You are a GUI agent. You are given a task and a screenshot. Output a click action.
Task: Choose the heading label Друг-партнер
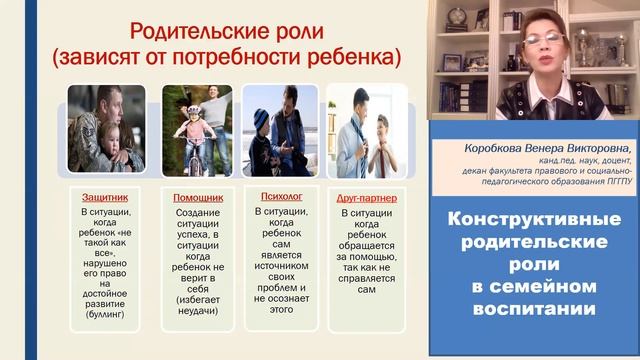coord(366,197)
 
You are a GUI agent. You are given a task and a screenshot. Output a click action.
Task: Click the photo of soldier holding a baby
coord(106,127)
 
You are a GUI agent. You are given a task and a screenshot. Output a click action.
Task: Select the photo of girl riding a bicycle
coord(196,127)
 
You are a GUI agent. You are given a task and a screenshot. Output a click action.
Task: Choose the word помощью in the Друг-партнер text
coord(371,255)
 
